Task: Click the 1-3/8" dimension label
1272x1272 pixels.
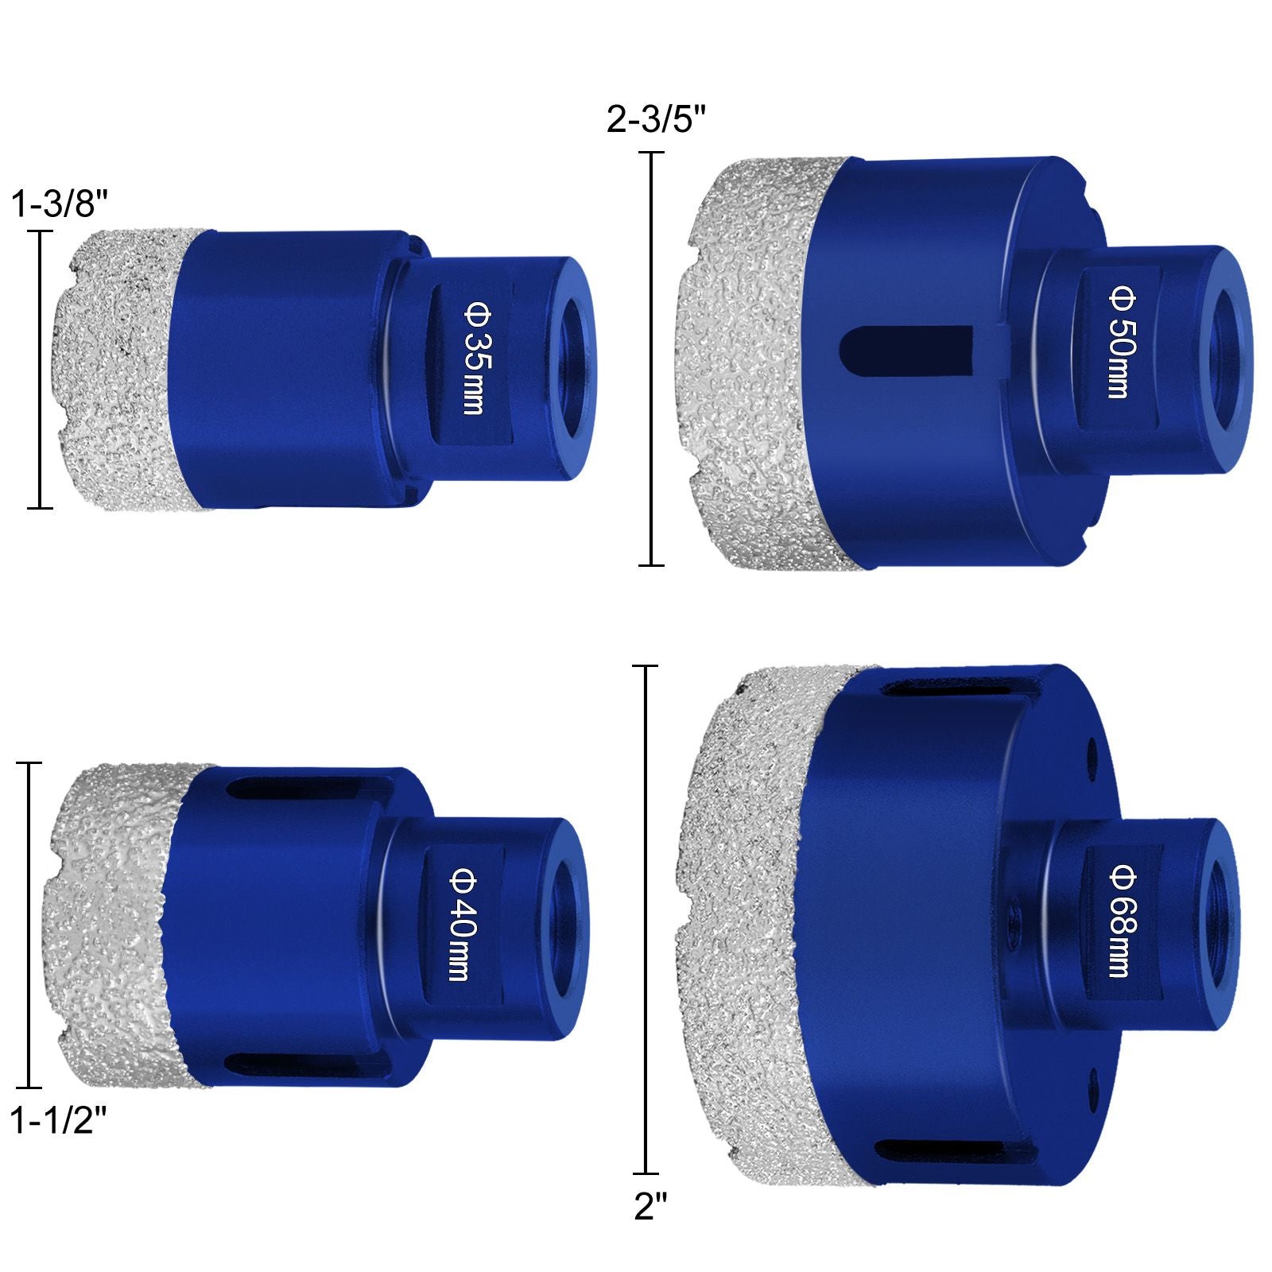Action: click(59, 204)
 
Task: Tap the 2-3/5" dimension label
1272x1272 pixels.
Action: click(657, 120)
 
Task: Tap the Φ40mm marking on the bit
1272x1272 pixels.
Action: click(461, 924)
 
